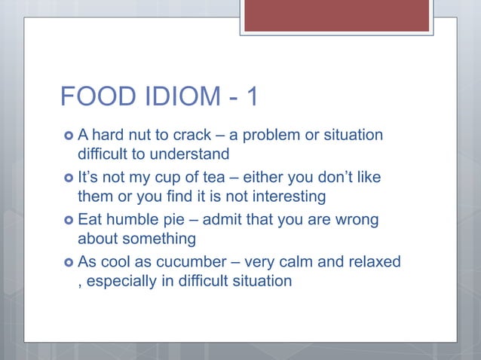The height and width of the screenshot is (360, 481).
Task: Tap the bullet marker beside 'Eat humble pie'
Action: pos(68,221)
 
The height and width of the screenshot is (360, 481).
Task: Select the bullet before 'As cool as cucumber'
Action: pos(68,263)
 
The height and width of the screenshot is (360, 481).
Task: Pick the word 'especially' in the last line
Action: pos(121,282)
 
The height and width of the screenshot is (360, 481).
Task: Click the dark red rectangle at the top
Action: pos(336,15)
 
